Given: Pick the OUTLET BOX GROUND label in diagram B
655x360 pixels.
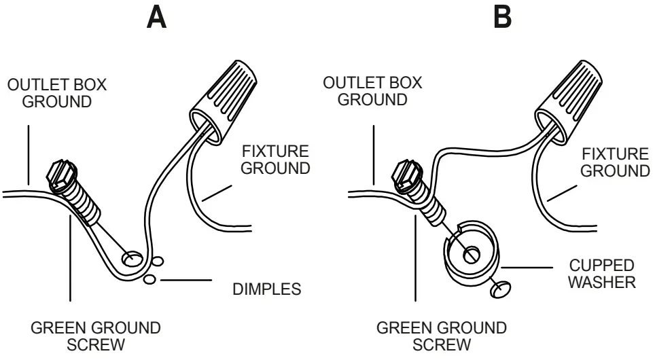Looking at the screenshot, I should (x=372, y=91).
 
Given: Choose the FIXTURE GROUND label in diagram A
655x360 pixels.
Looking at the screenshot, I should (x=275, y=159).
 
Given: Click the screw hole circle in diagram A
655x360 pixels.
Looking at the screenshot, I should (x=131, y=259).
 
